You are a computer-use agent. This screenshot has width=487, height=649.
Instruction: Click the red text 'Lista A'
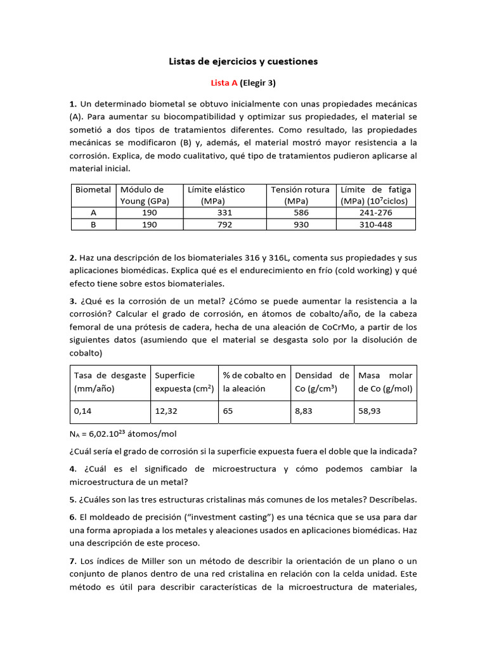(224, 82)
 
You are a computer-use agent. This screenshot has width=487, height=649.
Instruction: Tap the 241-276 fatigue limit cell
(375, 213)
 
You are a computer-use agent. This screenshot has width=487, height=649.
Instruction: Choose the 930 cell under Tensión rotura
(301, 224)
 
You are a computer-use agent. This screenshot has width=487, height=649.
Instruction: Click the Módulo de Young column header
(142, 195)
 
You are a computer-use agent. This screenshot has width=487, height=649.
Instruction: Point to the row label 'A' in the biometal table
(93, 213)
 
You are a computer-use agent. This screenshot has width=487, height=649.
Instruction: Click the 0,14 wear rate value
(83, 411)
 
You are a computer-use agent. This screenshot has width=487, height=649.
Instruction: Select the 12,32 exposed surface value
(166, 411)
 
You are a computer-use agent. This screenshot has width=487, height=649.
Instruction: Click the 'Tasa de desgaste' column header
(110, 382)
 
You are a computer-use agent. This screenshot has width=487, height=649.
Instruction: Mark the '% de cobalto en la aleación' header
(253, 382)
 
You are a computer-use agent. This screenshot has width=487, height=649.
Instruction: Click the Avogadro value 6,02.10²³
(108, 434)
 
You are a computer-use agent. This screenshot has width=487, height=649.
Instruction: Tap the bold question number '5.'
(73, 498)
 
